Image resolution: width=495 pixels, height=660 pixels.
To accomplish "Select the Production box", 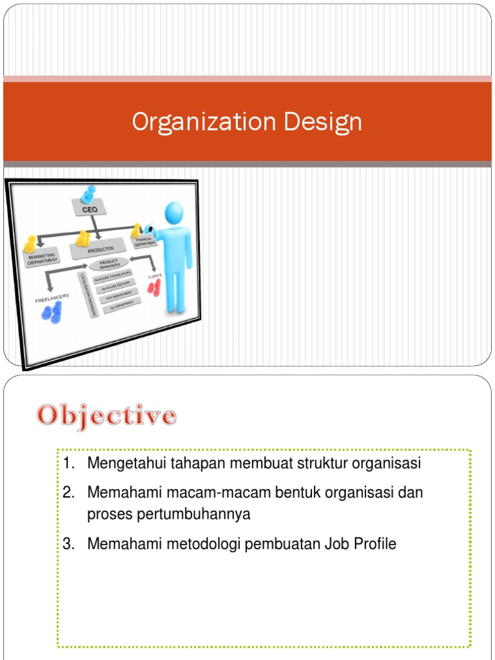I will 101,249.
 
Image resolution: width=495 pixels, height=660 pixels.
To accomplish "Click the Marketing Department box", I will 43,258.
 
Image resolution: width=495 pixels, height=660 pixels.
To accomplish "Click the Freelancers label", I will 52,298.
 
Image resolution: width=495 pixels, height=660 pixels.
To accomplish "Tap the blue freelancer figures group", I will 52,312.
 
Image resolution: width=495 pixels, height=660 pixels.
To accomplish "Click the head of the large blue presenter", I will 174,213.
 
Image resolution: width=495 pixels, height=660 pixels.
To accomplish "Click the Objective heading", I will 106,415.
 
